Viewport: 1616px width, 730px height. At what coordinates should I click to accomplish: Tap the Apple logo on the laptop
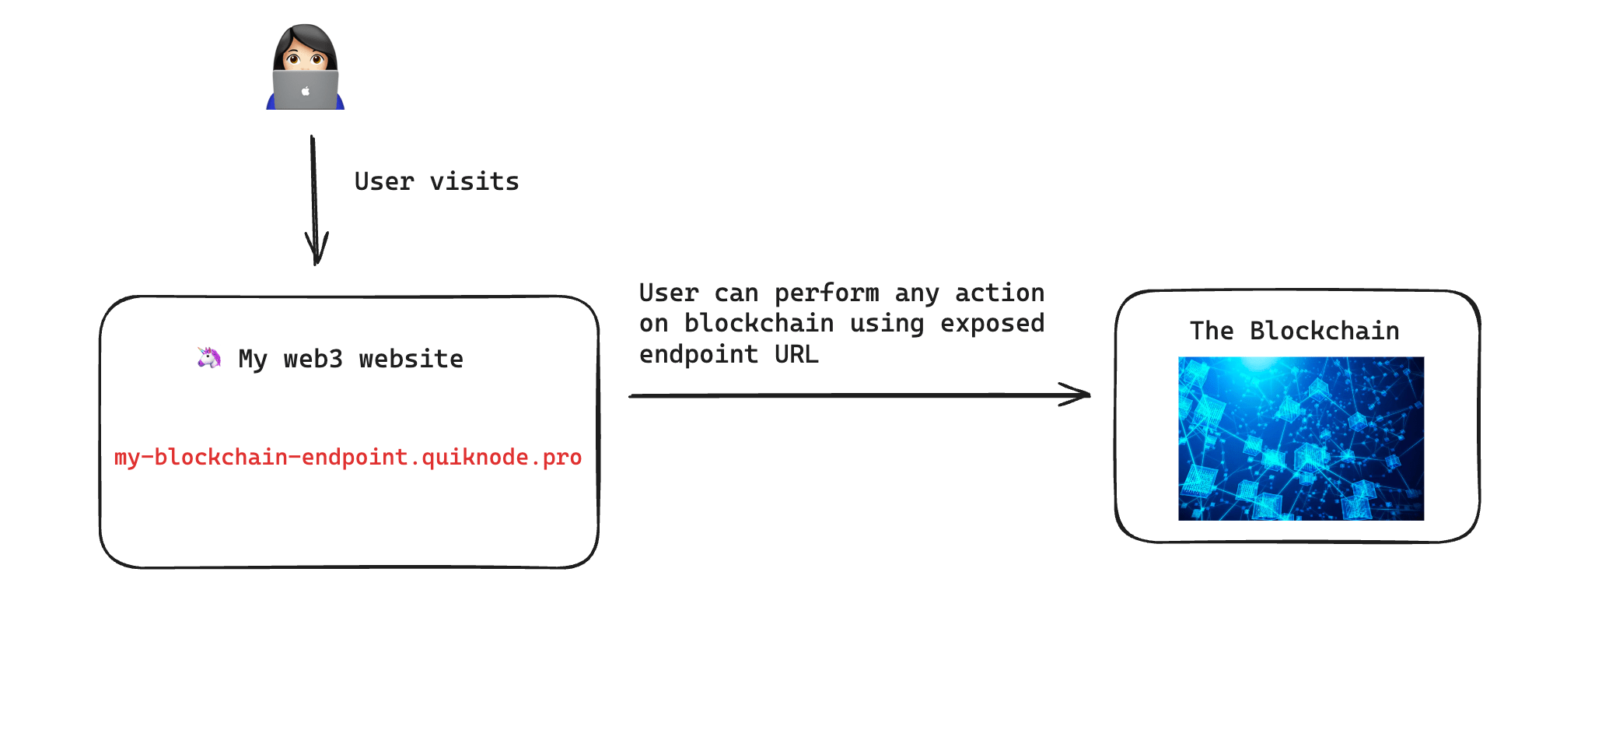306,91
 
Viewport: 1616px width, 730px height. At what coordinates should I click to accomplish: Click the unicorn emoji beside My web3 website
208,357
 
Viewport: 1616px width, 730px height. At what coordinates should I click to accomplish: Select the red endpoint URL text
348,457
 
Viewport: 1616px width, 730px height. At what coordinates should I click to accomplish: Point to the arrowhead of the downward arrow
316,253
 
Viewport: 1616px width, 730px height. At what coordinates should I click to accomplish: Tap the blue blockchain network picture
1300,438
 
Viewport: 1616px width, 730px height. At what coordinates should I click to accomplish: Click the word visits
474,181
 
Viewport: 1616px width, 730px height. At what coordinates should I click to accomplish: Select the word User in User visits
383,181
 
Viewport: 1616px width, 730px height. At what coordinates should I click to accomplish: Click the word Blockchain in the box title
1324,331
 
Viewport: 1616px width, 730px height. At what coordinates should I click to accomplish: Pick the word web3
313,359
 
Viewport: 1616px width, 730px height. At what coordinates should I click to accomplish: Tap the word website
411,359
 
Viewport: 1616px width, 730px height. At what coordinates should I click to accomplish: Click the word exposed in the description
992,324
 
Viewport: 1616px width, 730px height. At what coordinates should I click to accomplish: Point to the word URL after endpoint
796,354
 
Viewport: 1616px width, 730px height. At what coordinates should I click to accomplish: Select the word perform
826,293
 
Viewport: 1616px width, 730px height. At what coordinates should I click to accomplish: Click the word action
999,293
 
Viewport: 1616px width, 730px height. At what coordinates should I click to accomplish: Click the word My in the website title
253,360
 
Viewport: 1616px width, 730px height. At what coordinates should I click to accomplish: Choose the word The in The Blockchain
1211,331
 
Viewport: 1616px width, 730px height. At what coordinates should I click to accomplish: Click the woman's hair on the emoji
306,35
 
